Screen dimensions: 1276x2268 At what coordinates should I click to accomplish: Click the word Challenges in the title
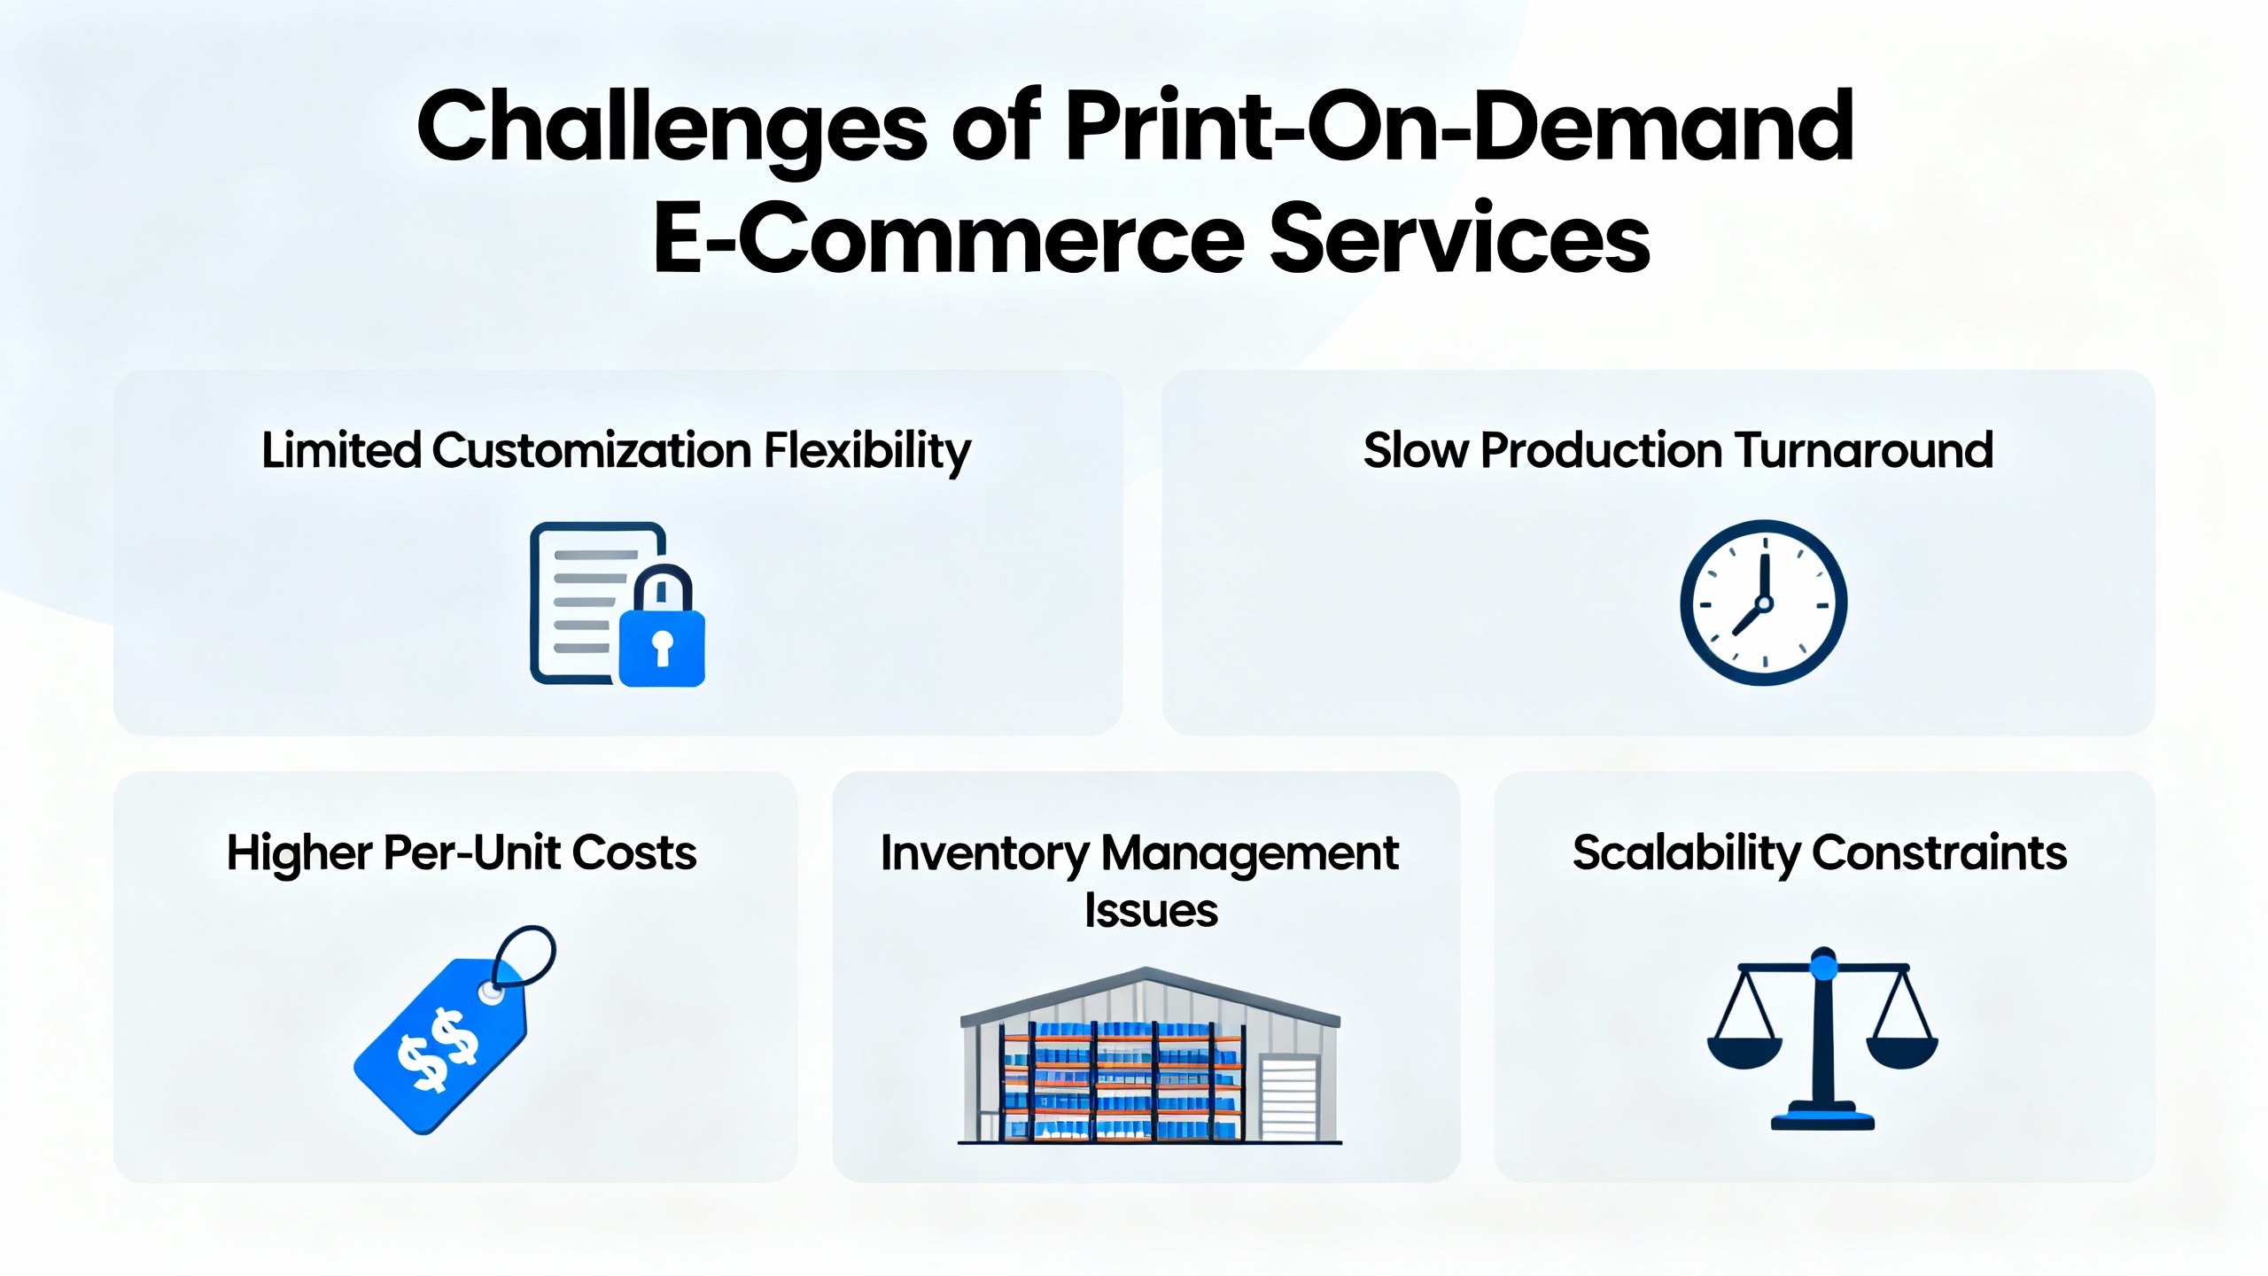point(672,128)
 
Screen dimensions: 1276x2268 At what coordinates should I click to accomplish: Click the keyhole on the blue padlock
point(662,647)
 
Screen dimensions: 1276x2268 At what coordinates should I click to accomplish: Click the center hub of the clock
point(1764,604)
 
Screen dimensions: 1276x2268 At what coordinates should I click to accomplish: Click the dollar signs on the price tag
point(439,1050)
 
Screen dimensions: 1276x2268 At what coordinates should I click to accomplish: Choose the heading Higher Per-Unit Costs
point(462,853)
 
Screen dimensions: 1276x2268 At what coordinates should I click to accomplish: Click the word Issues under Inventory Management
point(1151,911)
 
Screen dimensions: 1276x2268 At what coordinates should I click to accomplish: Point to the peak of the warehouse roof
point(1148,972)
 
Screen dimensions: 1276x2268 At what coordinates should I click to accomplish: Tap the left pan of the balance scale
point(1744,1053)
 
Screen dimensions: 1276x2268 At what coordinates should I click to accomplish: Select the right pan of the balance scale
point(1902,1053)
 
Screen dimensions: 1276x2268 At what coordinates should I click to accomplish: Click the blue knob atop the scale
point(1823,966)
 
